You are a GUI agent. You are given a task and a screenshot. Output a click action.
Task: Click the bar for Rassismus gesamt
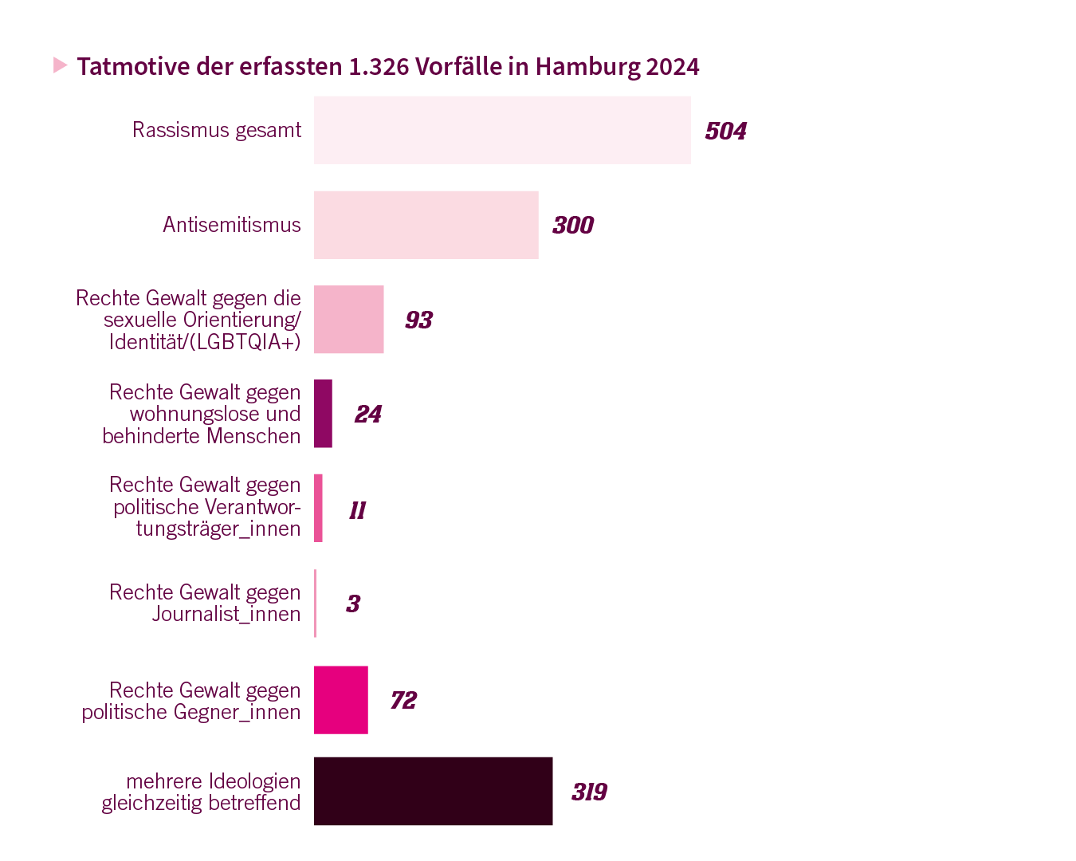coord(502,130)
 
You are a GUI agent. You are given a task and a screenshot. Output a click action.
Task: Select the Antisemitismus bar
coord(426,225)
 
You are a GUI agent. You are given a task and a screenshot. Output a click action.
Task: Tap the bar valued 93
coord(349,320)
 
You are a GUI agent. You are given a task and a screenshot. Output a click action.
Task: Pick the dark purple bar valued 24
coord(323,414)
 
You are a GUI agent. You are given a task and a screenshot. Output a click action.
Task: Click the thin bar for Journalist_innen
coord(316,603)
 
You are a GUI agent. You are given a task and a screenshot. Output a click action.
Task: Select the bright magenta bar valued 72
coord(341,700)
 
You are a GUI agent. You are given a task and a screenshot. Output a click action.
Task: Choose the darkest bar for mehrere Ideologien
coord(434,791)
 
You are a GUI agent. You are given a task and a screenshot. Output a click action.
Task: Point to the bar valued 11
coord(319,508)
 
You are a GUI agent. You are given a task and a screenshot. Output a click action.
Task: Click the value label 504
coord(725,131)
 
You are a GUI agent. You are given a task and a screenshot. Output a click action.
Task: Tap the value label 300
coord(573,225)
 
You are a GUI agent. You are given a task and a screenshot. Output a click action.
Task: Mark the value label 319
coord(589,792)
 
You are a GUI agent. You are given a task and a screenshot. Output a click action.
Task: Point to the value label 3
coord(353,603)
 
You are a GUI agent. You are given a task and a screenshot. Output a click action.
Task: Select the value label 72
coord(403,700)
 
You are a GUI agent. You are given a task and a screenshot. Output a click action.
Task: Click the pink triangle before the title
coord(60,65)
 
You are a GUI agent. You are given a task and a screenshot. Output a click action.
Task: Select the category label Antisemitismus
coord(232,225)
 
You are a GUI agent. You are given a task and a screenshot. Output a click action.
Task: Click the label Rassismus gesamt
coord(217,130)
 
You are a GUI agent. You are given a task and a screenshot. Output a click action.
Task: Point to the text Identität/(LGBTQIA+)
coord(205,342)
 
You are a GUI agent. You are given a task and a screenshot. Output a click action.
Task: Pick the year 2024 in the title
coord(673,66)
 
